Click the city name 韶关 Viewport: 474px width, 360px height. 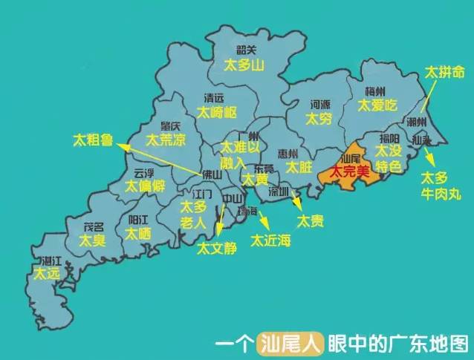click(246, 50)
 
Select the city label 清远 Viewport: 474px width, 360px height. click(215, 97)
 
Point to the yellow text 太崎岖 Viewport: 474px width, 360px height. click(217, 112)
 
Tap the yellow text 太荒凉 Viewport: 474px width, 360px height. click(165, 140)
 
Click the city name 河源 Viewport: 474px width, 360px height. click(320, 105)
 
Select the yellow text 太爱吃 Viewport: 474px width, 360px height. click(378, 105)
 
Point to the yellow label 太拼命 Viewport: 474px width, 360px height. click(445, 73)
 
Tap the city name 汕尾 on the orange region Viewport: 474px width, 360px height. click(349, 158)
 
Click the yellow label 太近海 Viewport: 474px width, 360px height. click(271, 240)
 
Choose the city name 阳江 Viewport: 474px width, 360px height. click(139, 220)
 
